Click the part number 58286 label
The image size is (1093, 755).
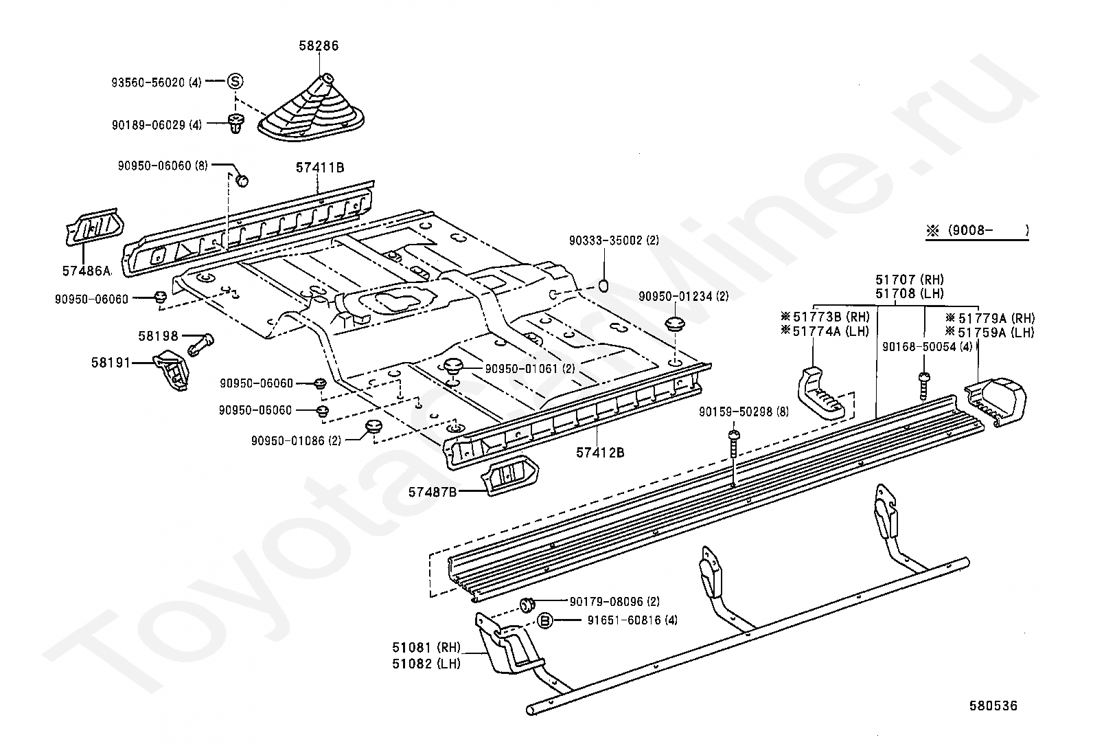(x=319, y=46)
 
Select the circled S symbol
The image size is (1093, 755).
(x=235, y=81)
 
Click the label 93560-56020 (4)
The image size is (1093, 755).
(x=156, y=82)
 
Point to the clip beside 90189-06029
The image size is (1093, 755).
(x=236, y=123)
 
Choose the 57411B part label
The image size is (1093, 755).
(x=320, y=168)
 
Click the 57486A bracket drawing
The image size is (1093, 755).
(x=94, y=227)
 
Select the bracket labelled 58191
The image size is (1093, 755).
(x=171, y=370)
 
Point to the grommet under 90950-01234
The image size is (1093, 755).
(x=675, y=324)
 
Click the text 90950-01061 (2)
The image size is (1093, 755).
(x=530, y=369)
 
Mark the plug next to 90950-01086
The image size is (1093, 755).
(x=373, y=427)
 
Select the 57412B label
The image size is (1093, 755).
(x=600, y=453)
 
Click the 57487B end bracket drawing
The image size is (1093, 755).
(x=509, y=475)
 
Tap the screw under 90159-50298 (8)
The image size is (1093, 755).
(x=733, y=444)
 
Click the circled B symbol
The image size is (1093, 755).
(x=545, y=621)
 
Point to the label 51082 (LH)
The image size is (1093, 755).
(x=426, y=664)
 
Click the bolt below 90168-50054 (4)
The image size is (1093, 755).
(x=923, y=386)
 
